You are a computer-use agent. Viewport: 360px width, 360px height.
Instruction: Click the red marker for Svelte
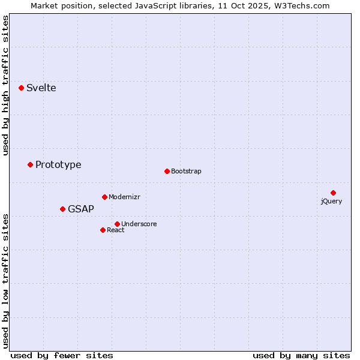(x=21, y=88)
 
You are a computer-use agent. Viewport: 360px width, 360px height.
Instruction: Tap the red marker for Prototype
(x=30, y=164)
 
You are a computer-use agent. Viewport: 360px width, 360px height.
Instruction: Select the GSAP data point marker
(x=62, y=209)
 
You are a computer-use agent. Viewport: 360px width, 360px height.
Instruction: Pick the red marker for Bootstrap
(x=167, y=171)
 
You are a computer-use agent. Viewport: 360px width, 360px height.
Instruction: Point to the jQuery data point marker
(x=333, y=193)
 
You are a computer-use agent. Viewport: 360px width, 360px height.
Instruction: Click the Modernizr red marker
(x=104, y=197)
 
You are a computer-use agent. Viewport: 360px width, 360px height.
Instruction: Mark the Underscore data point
(x=117, y=224)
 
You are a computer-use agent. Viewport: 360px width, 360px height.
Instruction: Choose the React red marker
(x=103, y=230)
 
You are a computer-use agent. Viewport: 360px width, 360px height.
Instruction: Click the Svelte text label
(x=41, y=88)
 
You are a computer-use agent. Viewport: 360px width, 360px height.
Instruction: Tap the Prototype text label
(x=58, y=164)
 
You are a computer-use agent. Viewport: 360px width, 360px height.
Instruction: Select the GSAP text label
(x=80, y=209)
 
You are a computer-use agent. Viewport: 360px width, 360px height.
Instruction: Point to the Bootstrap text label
(x=186, y=171)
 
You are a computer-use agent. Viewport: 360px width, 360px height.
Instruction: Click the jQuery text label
(x=331, y=201)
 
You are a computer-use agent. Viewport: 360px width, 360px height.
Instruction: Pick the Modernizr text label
(x=124, y=197)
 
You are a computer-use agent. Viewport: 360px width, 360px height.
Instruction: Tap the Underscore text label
(x=139, y=224)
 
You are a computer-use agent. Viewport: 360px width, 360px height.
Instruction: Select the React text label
(x=115, y=230)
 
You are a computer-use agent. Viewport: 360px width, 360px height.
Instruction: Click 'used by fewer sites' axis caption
(x=62, y=355)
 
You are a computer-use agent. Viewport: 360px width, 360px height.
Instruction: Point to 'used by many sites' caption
(x=301, y=355)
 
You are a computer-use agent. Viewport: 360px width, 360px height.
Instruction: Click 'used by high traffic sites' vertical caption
(x=5, y=85)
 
